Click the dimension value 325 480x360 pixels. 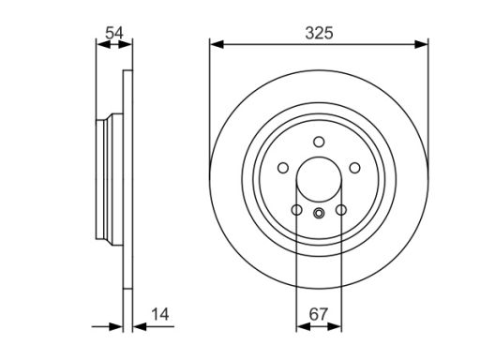coord(319,33)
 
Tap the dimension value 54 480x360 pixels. coord(114,33)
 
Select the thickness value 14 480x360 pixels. coord(160,314)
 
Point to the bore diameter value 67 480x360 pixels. coord(319,314)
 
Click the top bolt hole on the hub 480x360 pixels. coord(319,142)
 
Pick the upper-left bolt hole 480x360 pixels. coord(283,168)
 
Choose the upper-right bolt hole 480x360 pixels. coord(354,168)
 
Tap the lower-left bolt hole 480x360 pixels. coord(296,210)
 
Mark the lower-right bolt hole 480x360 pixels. coord(341,210)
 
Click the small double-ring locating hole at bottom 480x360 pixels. coord(319,214)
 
